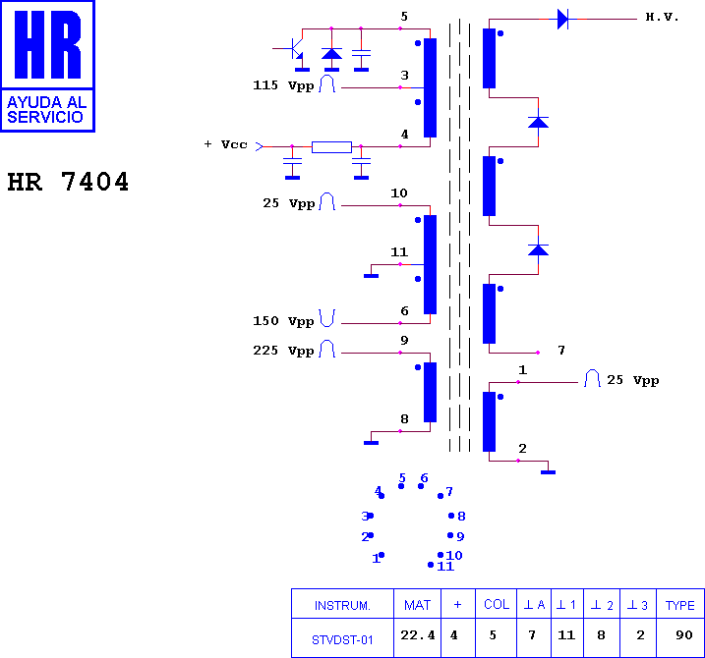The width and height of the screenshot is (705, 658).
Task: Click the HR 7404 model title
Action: [68, 182]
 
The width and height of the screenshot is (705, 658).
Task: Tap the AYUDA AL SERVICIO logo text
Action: [47, 110]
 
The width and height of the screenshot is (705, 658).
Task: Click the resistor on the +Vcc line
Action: [331, 147]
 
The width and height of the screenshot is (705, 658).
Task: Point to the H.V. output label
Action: [662, 17]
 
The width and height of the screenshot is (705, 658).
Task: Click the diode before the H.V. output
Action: [563, 20]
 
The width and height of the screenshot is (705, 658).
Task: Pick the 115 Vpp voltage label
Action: [283, 85]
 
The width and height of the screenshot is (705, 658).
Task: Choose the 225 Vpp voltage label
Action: [283, 351]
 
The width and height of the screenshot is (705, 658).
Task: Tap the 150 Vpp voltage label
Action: [283, 321]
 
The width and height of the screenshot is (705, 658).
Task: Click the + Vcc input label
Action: [226, 144]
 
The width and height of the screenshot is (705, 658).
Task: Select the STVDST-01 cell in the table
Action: [342, 639]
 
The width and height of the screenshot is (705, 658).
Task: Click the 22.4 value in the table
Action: [418, 635]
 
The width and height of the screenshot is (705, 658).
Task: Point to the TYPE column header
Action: [680, 605]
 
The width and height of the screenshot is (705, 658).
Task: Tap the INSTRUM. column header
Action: [342, 605]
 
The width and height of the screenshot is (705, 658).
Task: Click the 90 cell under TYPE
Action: [684, 635]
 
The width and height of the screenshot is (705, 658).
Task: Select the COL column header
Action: [497, 605]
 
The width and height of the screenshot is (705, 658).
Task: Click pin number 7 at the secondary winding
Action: [561, 350]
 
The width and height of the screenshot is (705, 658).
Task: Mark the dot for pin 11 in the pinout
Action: [431, 565]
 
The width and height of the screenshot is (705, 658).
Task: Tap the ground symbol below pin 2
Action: [548, 472]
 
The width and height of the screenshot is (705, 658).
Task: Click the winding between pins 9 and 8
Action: [431, 393]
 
